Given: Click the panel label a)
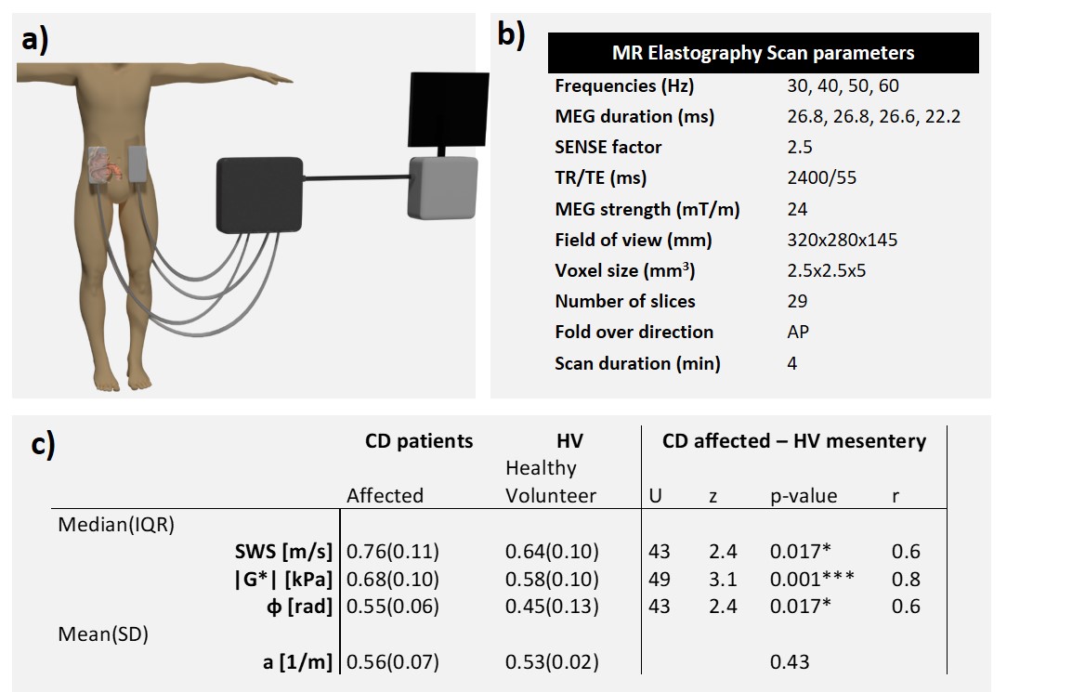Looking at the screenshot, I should [x=40, y=42].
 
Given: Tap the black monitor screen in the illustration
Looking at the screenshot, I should [x=449, y=110].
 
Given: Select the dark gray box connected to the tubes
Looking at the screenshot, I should [x=259, y=193].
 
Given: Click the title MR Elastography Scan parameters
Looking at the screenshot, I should [x=763, y=53].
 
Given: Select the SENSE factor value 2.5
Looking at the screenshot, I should [x=799, y=147].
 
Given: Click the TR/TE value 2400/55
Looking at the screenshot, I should [x=822, y=177].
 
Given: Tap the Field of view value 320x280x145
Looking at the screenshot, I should [x=842, y=240].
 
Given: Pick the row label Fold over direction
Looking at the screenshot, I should [x=634, y=332].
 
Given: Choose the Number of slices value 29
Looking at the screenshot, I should [x=797, y=301].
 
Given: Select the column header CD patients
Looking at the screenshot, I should [x=419, y=440].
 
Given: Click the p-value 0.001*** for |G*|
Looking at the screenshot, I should [x=813, y=579].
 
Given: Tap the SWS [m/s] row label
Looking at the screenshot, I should [x=284, y=552].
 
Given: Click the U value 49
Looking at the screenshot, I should [x=659, y=579].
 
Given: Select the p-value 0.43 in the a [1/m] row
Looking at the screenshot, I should [x=790, y=661].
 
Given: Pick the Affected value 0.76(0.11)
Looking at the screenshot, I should [x=392, y=552].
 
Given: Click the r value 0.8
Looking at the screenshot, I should [x=906, y=579].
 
